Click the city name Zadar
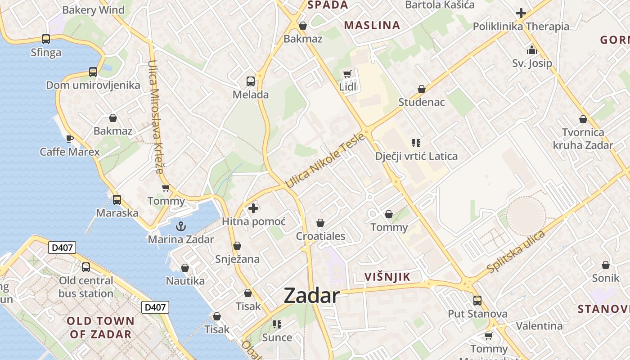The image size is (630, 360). (x=311, y=296)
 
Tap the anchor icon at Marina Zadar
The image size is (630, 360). (x=180, y=226)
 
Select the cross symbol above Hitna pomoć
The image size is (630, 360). (x=253, y=208)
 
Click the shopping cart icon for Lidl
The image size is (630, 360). (x=347, y=74)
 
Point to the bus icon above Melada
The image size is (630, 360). (x=251, y=81)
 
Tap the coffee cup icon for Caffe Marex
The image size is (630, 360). (x=69, y=139)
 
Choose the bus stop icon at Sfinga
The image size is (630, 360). (x=46, y=39)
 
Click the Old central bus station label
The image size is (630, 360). (x=86, y=287)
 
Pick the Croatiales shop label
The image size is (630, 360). (x=320, y=236)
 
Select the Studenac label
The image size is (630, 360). (x=422, y=102)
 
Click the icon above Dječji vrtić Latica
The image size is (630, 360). (x=416, y=143)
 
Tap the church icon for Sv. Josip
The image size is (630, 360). (x=532, y=50)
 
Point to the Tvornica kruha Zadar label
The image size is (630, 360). (x=583, y=139)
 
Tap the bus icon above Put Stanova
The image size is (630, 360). (x=477, y=300)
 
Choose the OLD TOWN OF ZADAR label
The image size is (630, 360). (x=100, y=328)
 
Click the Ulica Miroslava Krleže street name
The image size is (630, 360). (x=155, y=117)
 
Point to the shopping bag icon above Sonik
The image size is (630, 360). (x=606, y=265)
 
